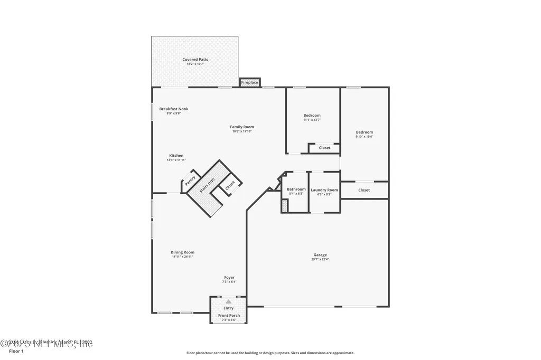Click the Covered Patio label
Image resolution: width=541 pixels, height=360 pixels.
tap(195, 60)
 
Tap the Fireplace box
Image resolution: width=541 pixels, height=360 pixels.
tap(249, 83)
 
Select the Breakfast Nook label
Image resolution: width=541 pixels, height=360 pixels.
tap(174, 109)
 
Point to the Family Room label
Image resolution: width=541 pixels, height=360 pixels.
tap(242, 127)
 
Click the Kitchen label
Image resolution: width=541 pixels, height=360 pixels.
tap(176, 156)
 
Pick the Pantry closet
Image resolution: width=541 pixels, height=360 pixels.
tap(190, 180)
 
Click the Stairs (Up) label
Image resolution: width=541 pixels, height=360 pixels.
tap(208, 187)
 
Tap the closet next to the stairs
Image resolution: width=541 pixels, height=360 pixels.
tap(230, 186)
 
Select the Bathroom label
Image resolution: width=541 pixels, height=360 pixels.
tap(296, 190)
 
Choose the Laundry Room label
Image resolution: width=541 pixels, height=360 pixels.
tap(324, 190)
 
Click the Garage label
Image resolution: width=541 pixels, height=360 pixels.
tap(320, 255)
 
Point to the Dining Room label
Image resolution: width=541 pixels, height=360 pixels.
tap(182, 252)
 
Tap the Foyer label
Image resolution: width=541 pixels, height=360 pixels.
tap(229, 277)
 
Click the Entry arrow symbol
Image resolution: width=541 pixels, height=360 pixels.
tap(228, 301)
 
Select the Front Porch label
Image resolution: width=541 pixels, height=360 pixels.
tap(229, 316)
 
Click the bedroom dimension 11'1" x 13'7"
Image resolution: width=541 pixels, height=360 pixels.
tap(312, 120)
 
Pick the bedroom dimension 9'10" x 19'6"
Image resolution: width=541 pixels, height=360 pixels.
tap(364, 137)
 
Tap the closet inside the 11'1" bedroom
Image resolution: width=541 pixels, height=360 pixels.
tap(324, 148)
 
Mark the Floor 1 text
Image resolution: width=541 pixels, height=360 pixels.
tap(16, 351)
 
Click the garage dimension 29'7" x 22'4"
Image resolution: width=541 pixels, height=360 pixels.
tap(320, 259)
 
